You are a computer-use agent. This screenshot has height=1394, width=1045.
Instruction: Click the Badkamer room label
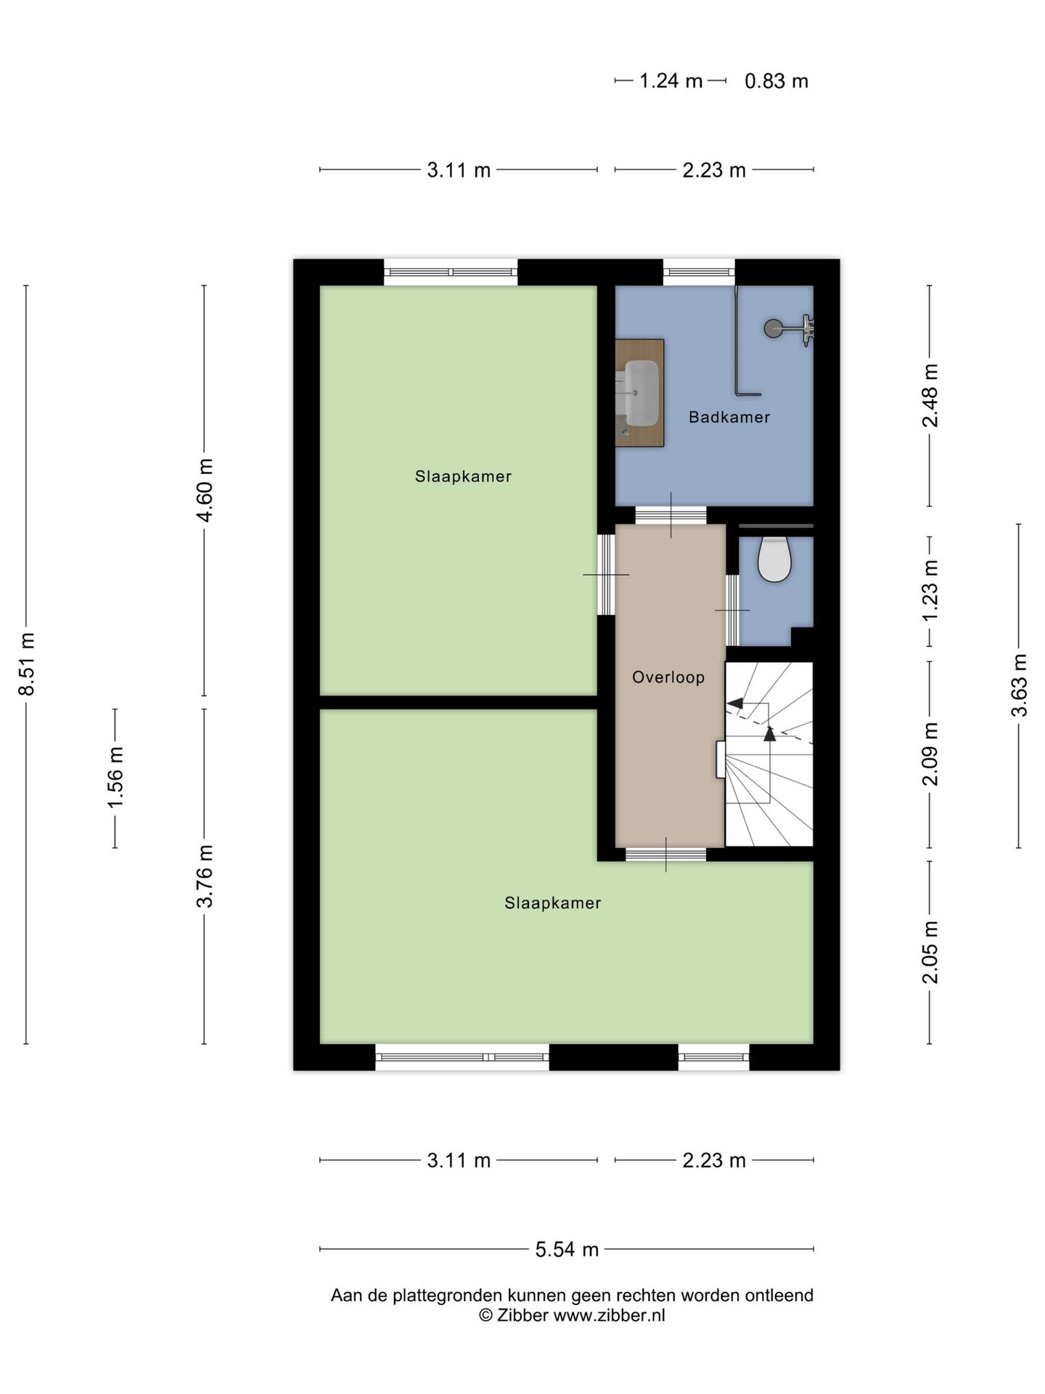(x=729, y=417)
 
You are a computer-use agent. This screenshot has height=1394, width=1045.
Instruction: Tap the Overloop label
(x=668, y=677)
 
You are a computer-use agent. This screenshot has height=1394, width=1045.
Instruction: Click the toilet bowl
(x=774, y=559)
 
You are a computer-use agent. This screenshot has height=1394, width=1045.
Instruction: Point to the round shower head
(x=774, y=328)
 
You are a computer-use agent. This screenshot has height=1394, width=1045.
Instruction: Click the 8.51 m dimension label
(x=27, y=664)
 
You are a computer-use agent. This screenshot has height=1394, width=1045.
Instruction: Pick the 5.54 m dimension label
(x=567, y=1249)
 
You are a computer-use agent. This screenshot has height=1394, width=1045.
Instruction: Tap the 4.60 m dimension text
(x=205, y=490)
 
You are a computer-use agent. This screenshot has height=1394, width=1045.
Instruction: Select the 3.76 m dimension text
(x=205, y=876)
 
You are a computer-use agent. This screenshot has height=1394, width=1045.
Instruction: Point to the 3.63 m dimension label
(x=1020, y=685)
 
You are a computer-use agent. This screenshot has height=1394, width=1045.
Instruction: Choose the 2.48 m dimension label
(x=930, y=396)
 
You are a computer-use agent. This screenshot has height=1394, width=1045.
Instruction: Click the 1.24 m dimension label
(x=671, y=81)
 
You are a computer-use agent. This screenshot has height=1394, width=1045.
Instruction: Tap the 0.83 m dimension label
(x=776, y=81)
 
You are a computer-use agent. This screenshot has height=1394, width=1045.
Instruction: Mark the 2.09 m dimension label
(x=930, y=754)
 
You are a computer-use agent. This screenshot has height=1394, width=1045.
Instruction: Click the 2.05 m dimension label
(x=930, y=952)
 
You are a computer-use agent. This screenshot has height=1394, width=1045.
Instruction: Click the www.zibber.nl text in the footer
(x=610, y=1315)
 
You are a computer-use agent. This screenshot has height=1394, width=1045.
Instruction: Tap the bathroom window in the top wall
(x=699, y=272)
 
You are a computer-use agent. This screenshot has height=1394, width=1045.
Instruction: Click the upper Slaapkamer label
(x=463, y=476)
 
